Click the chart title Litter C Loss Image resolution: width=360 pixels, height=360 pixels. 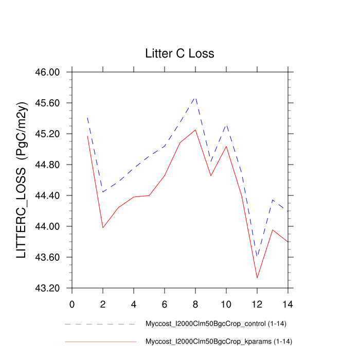tap(179, 53)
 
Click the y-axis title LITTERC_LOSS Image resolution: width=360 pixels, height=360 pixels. tap(22, 180)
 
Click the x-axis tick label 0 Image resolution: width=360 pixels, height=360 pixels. tap(72, 303)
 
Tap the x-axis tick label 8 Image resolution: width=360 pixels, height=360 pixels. tap(195, 303)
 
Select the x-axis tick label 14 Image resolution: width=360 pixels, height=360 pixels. tap(288, 303)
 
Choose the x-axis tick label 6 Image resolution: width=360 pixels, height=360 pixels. tap(165, 303)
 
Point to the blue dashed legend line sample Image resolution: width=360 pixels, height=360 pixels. tap(100, 325)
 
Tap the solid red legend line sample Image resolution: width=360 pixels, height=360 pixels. tap(100, 341)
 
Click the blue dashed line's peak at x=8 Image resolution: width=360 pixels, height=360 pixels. tap(195, 97)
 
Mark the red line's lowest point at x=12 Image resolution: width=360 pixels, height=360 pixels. tap(257, 278)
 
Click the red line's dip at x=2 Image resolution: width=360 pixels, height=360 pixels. tap(103, 227)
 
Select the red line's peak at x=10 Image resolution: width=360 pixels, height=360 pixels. tap(226, 147)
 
